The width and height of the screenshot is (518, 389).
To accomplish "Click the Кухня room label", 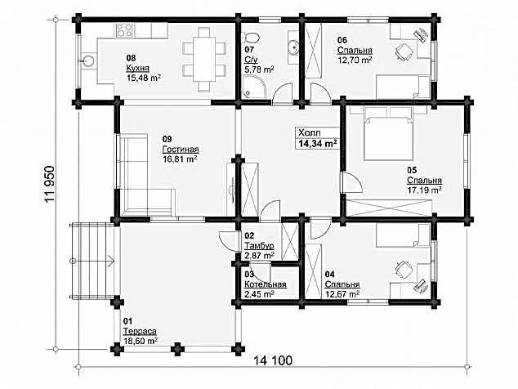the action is tap(137, 68).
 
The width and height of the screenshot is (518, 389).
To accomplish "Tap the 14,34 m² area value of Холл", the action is tap(318, 144).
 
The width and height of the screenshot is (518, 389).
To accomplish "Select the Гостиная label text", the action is tap(181, 149).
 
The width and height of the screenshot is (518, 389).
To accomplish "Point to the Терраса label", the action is tap(140, 331).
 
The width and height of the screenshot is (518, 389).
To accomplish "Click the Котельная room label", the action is tap(266, 284).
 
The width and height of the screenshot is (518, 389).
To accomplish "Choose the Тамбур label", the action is tap(259, 246).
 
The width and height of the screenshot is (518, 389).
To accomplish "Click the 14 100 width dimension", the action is tap(273, 360).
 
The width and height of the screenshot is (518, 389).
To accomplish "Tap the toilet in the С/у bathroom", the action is tap(250, 37).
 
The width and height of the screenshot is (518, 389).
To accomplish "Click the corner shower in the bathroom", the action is tap(252, 87).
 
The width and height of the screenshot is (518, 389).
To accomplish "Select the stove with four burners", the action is tap(124, 31).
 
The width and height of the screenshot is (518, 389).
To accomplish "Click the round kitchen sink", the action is tap(87, 60).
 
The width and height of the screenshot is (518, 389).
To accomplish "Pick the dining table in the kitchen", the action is tap(204, 60).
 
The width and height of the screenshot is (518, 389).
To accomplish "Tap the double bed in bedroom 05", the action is tap(389, 133).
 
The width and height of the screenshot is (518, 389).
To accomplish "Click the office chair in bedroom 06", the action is tap(403, 51).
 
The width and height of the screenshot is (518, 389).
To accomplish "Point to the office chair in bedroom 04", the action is tap(403, 270).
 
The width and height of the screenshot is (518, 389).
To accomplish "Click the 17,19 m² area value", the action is tap(425, 190).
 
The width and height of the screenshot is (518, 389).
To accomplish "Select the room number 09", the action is tap(167, 138).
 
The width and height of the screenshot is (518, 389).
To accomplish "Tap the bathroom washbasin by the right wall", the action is tap(293, 48).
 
